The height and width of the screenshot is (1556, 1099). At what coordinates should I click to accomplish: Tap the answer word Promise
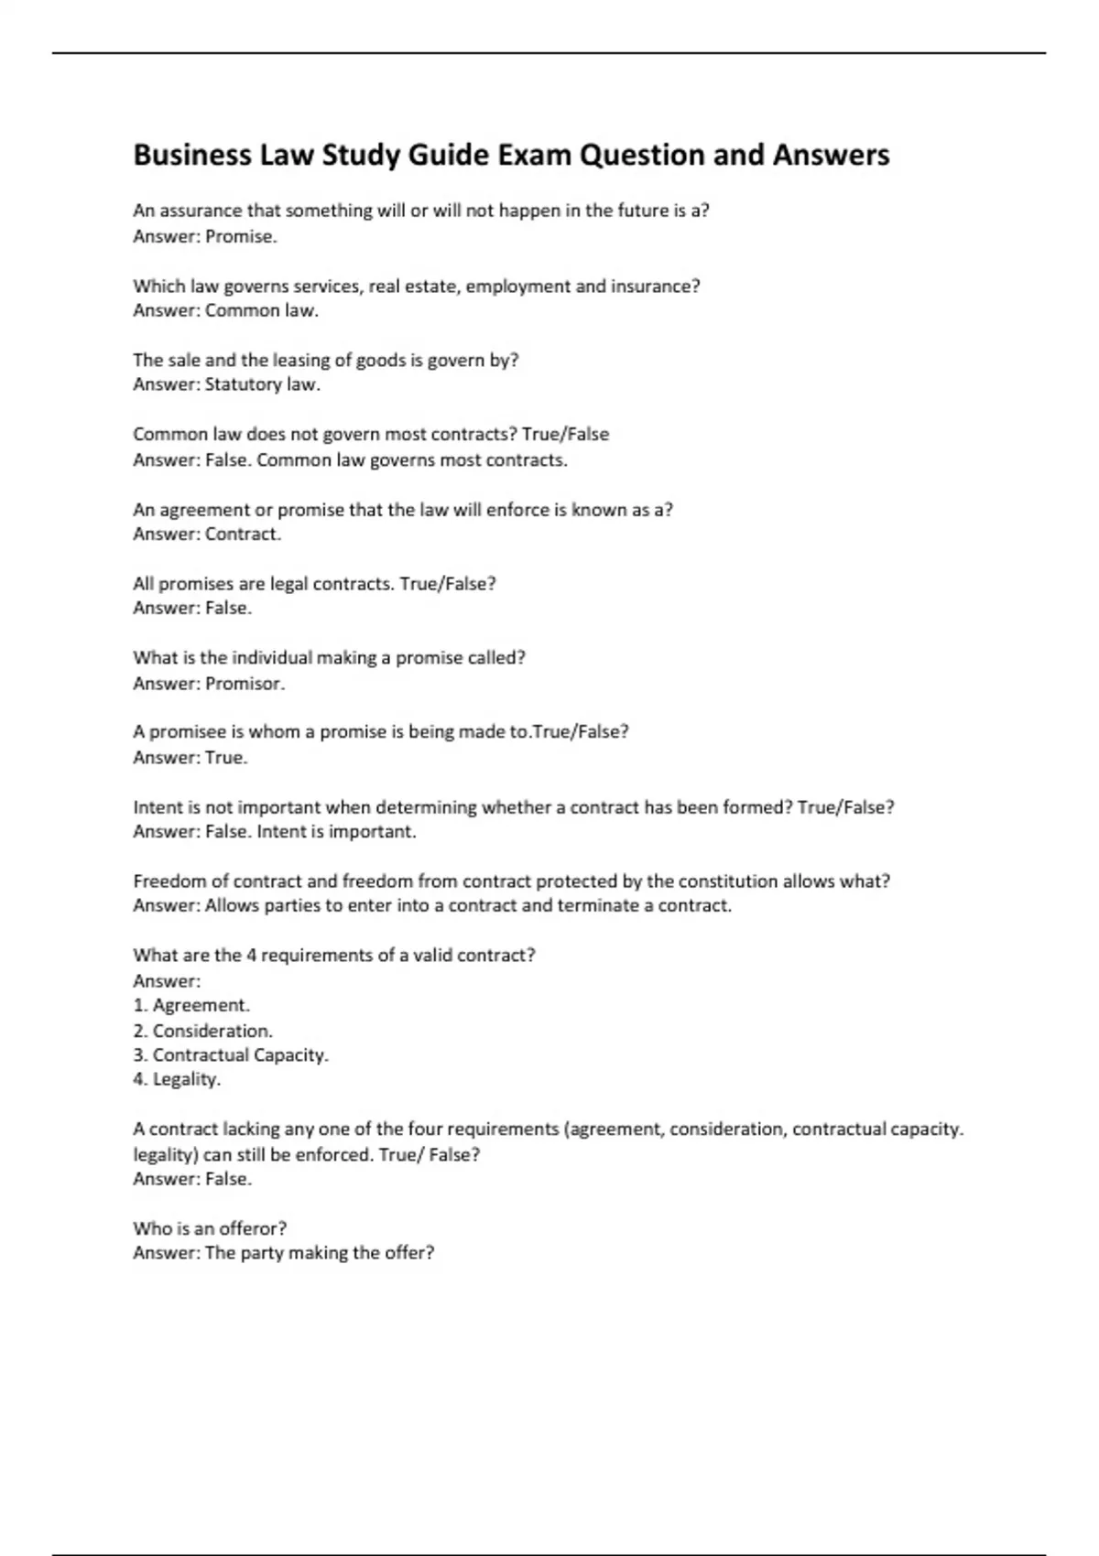[240, 236]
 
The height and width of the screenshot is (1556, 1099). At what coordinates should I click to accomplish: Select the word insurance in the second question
[655, 286]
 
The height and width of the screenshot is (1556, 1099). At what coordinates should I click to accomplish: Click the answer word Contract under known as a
[243, 535]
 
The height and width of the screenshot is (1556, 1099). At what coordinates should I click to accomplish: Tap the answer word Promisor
[245, 684]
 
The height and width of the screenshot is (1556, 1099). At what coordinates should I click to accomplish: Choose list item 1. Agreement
[191, 1006]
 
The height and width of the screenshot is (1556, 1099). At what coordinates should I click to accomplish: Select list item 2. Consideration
[202, 1031]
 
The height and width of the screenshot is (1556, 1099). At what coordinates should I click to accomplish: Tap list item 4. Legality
[177, 1080]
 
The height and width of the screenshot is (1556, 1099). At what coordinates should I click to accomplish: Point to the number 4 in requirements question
[251, 956]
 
